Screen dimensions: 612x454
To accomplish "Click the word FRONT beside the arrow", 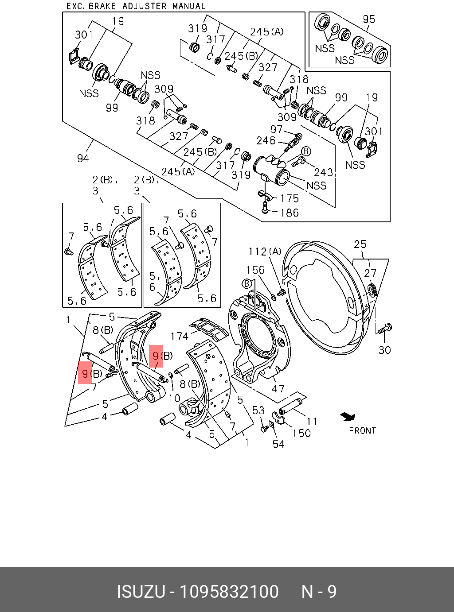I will click(362, 430).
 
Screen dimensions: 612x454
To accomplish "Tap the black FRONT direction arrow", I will click(348, 416).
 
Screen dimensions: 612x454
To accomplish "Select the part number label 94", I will click(82, 158).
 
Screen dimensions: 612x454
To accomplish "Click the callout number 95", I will click(368, 19).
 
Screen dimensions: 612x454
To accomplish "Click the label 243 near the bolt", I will click(324, 172).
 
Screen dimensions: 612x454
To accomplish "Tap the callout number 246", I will click(266, 140).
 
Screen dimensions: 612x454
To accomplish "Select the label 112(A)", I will click(265, 252).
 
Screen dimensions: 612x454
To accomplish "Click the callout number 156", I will click(255, 270).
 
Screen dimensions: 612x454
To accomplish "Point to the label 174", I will click(179, 336).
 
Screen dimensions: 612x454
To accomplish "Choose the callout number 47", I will click(278, 388).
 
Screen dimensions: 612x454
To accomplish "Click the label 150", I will click(301, 433).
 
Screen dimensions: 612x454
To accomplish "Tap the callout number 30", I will click(384, 349).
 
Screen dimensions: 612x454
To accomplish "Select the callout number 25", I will click(360, 244).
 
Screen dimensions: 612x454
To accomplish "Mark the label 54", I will click(278, 444).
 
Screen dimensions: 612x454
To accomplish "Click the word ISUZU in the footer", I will click(141, 592).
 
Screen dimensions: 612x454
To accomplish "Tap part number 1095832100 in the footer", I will click(229, 592).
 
